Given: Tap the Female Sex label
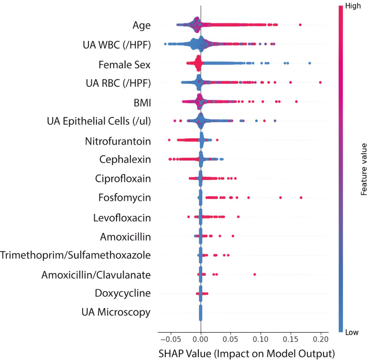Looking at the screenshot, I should click(125, 64).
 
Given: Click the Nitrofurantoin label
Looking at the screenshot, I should click(118, 141).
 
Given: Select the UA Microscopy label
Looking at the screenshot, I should click(116, 312).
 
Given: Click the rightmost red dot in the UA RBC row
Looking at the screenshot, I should click(320, 83).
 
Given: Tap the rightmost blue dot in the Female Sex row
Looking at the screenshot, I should click(310, 64).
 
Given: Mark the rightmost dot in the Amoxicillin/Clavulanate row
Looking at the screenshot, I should click(255, 274).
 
